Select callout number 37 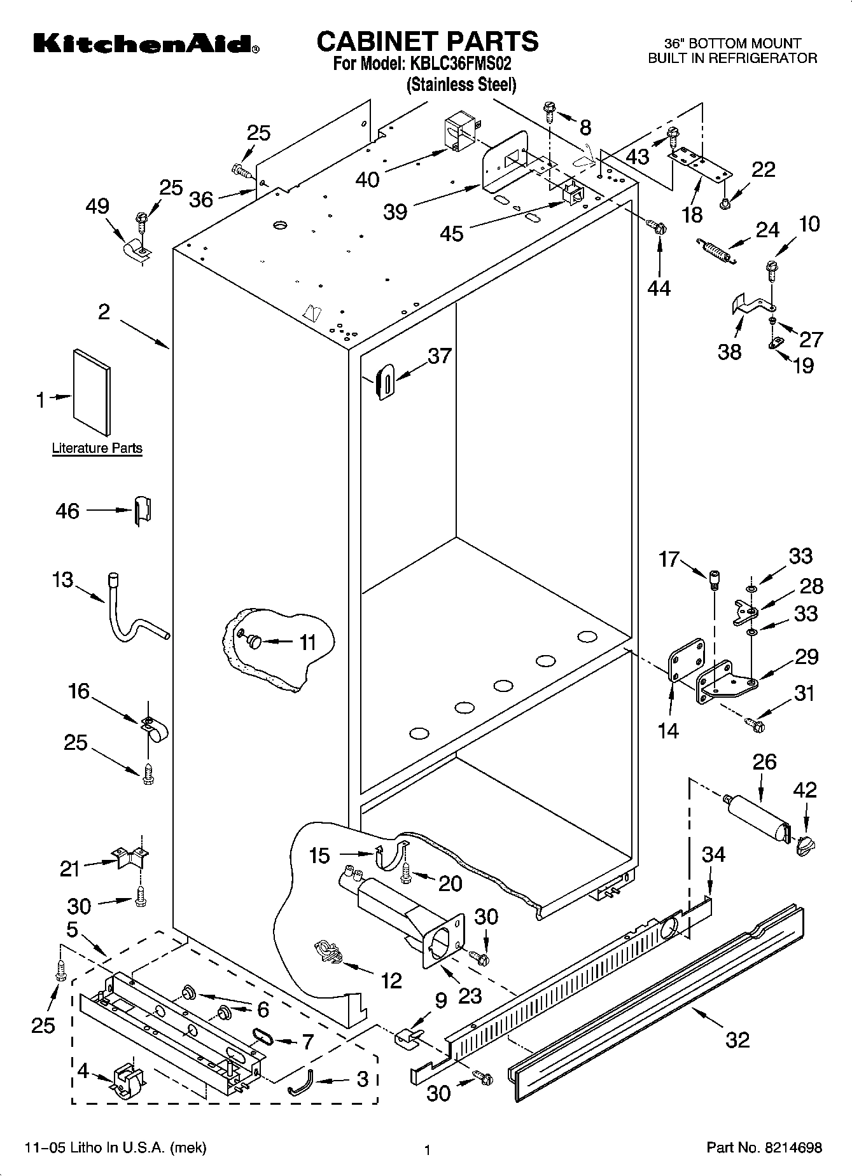(440, 356)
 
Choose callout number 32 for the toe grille (737, 1040)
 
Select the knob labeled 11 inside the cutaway (255, 641)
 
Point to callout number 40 (368, 179)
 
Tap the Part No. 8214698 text (764, 1147)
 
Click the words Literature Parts (97, 448)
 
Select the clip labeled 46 (142, 511)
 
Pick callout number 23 (470, 995)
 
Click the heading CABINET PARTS (427, 41)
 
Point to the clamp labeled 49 (136, 249)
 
